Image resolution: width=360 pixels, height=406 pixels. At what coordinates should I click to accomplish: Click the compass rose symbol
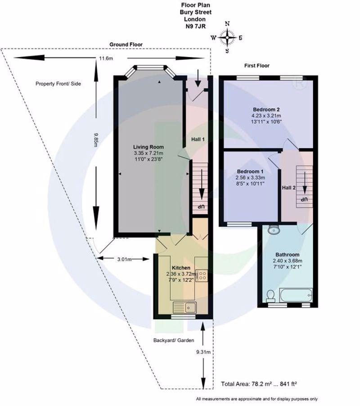[227, 37]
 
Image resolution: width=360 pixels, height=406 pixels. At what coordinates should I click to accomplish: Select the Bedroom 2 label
[266, 109]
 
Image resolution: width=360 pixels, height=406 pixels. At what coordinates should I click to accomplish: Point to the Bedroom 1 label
[250, 171]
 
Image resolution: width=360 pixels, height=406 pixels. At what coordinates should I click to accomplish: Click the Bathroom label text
[287, 254]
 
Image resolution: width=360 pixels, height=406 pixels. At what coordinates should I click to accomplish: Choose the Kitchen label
[181, 268]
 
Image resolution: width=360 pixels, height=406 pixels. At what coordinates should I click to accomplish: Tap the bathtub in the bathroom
[296, 295]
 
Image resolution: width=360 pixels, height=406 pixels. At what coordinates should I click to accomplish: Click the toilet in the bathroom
[271, 296]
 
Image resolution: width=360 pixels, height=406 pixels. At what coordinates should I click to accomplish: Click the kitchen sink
[185, 307]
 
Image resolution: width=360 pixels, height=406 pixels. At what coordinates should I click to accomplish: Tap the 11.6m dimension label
[106, 59]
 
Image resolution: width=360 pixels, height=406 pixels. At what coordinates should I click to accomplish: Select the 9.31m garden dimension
[203, 352]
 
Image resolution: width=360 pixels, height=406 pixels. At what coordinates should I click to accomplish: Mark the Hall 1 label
[198, 139]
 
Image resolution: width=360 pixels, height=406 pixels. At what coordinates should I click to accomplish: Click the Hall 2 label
[288, 188]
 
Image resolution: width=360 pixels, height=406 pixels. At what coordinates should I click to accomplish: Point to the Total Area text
[259, 384]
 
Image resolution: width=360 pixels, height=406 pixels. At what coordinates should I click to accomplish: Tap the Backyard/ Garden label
[174, 340]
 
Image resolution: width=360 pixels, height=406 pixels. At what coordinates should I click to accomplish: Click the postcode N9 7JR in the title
[196, 26]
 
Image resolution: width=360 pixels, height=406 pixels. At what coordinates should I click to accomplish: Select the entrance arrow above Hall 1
[198, 78]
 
